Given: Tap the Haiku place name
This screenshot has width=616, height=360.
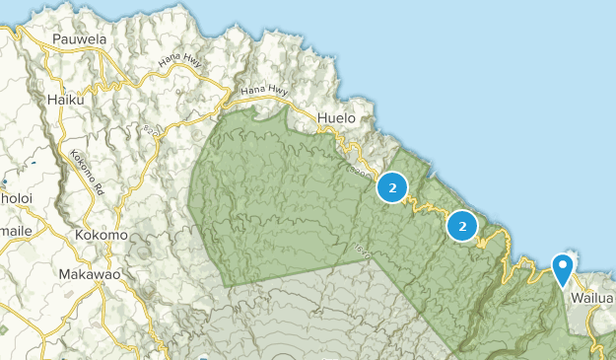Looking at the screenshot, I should (x=66, y=100).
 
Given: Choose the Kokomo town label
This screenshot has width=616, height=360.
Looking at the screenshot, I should (x=102, y=236).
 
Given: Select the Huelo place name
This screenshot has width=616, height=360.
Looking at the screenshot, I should (x=338, y=120).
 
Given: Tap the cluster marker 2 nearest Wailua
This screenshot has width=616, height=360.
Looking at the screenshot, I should (x=461, y=226).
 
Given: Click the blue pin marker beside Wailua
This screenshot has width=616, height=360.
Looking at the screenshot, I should (x=563, y=267).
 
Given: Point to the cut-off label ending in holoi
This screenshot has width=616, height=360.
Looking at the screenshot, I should (x=14, y=196).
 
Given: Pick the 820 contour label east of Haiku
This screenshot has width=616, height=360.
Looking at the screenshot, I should (x=151, y=128).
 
